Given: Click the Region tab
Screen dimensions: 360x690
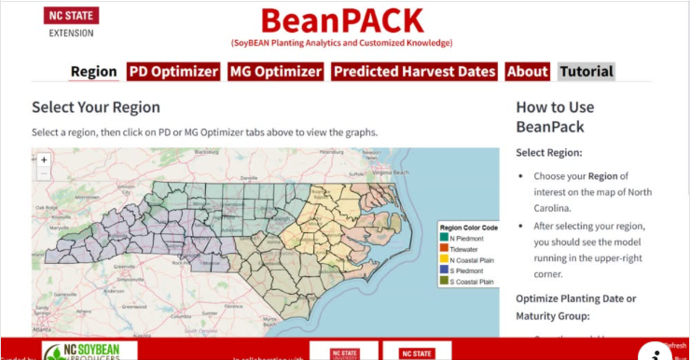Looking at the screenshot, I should click(93, 72).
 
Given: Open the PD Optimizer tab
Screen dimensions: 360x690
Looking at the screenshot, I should click(173, 72).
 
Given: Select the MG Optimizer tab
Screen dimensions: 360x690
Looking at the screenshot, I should click(276, 72).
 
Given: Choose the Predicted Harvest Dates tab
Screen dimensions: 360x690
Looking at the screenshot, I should click(415, 72).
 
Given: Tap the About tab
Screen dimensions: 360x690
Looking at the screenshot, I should click(528, 72).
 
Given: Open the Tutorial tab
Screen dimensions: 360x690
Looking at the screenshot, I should click(586, 72).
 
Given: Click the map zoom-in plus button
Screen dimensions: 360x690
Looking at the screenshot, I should click(44, 159).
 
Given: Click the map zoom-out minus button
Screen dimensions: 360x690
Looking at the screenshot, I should click(44, 173).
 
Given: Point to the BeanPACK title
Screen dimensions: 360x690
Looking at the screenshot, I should click(341, 21).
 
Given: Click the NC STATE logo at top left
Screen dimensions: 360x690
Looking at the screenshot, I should click(71, 16).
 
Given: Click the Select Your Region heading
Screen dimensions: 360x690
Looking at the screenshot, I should click(96, 107).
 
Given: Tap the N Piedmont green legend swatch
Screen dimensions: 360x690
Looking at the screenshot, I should click(445, 236).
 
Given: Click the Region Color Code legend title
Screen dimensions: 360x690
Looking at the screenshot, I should click(469, 227).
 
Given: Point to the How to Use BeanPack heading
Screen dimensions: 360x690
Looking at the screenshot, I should click(555, 117).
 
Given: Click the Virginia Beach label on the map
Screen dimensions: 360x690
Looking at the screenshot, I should click(391, 173).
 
